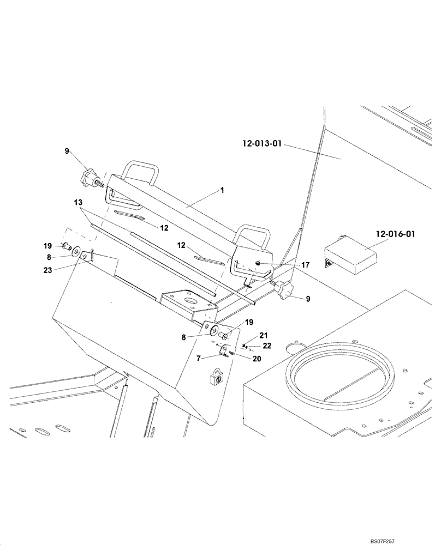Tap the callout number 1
pos(222,190)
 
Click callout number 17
pos(305,265)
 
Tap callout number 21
pos(264,336)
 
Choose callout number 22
pos(266,346)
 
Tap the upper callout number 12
pos(164,228)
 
